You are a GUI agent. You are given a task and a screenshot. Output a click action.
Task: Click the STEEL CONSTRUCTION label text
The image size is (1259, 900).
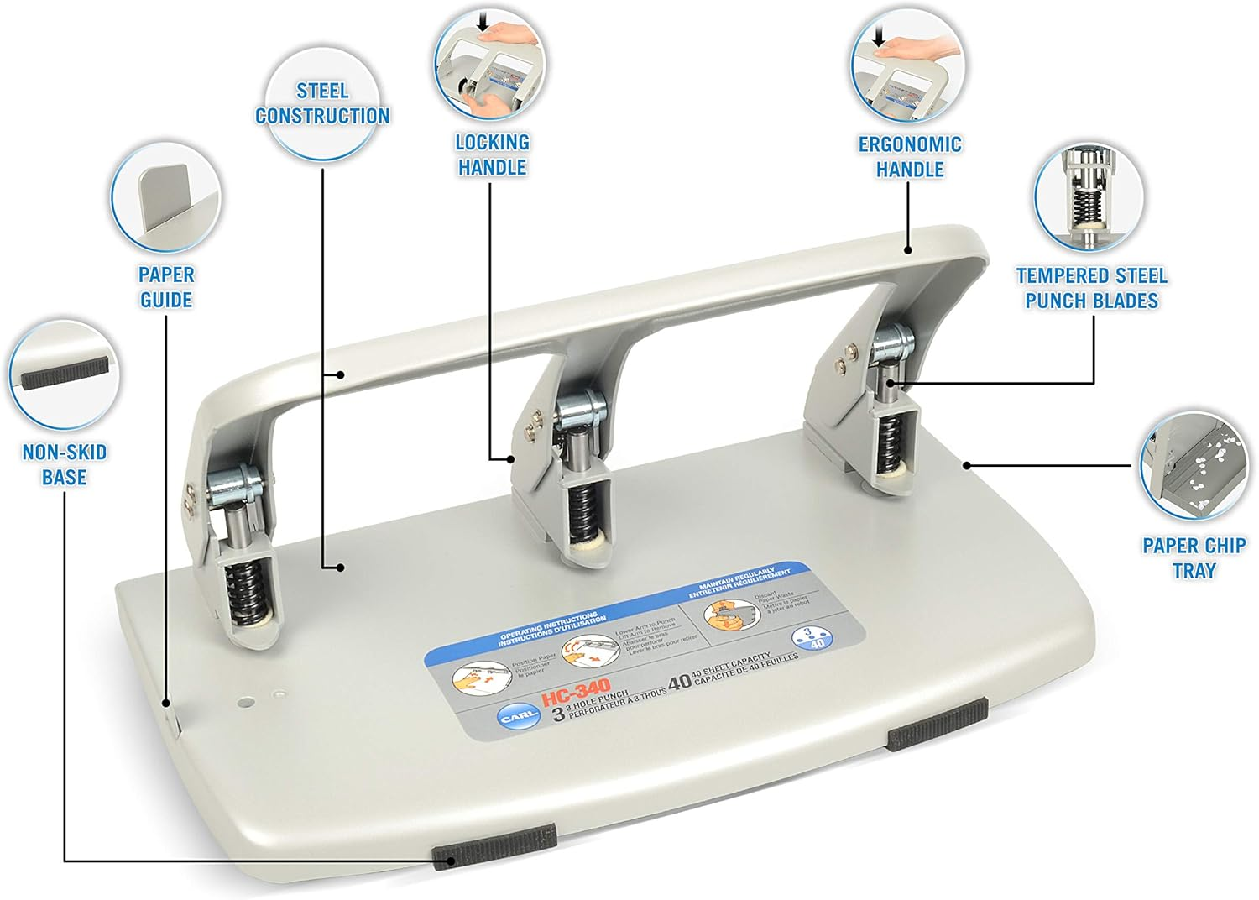pyautogui.click(x=322, y=103)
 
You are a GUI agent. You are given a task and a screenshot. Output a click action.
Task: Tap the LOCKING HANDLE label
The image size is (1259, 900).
pyautogui.click(x=492, y=154)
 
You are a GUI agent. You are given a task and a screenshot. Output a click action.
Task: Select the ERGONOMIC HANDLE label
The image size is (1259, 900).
pyautogui.click(x=910, y=156)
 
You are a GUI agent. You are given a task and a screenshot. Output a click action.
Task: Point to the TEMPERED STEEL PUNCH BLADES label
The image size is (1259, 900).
pyautogui.click(x=1091, y=288)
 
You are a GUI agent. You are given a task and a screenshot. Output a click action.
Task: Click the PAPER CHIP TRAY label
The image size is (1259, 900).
pyautogui.click(x=1194, y=557)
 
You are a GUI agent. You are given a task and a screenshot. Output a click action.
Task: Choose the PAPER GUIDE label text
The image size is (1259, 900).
pyautogui.click(x=166, y=287)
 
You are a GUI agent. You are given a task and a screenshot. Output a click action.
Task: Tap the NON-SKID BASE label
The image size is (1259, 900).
pyautogui.click(x=65, y=464)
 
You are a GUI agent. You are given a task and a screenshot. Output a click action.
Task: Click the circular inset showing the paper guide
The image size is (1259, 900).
pyautogui.click(x=166, y=200)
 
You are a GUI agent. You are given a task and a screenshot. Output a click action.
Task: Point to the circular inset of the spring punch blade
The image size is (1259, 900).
pyautogui.click(x=1089, y=196)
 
